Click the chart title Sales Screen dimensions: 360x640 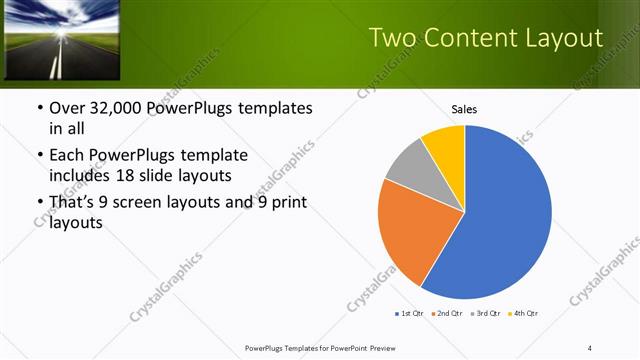(x=464, y=109)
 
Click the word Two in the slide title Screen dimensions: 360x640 (x=393, y=38)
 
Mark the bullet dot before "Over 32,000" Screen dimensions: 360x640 (x=39, y=108)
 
